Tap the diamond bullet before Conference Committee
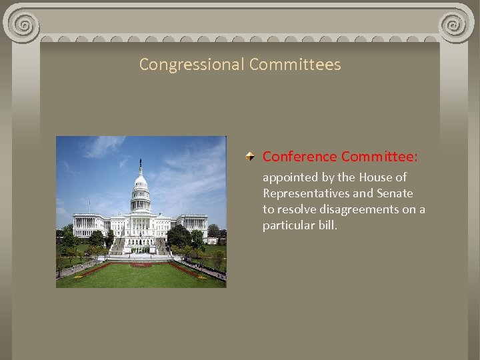[248, 157]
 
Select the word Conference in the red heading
[299, 157]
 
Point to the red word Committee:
[379, 157]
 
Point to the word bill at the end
[329, 225]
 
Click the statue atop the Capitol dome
[140, 163]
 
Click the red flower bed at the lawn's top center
[141, 265]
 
